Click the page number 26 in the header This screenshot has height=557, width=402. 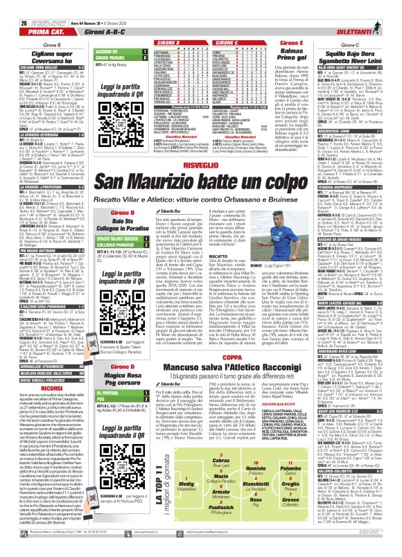pyautogui.click(x=8, y=6)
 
